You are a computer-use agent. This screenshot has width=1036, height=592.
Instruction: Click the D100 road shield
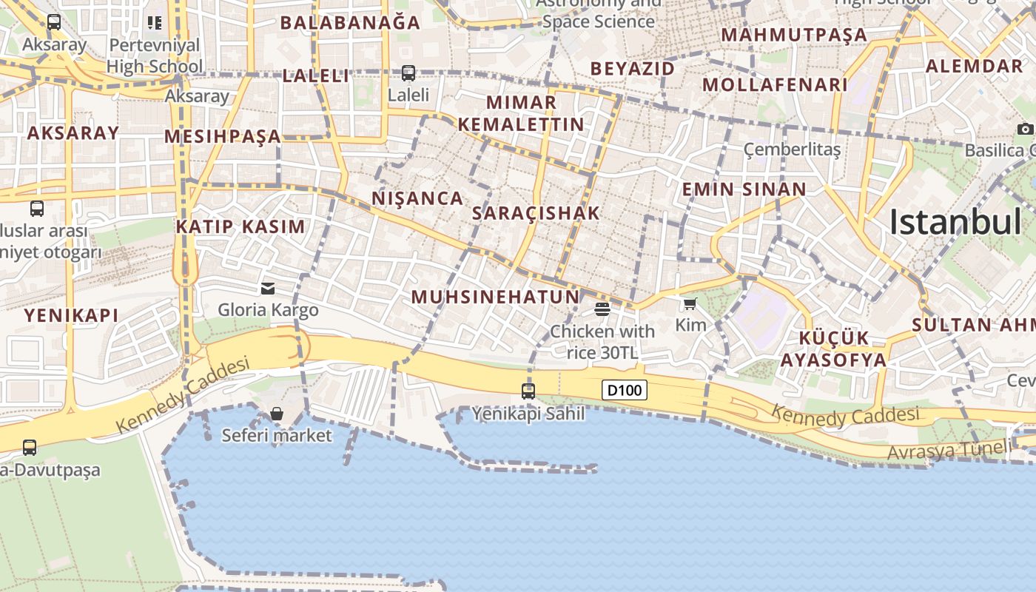[625, 390]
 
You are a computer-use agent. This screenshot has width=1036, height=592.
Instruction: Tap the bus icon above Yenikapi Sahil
[528, 391]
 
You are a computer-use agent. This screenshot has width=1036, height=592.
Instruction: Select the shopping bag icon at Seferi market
[277, 414]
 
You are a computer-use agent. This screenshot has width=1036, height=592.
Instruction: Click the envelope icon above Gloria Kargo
[268, 288]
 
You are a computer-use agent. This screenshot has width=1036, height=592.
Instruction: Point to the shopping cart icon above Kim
[690, 303]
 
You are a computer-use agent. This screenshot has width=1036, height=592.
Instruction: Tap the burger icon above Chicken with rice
[602, 309]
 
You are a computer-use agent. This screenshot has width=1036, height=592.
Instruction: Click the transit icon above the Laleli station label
[408, 73]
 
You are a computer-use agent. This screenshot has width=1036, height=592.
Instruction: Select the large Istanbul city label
[955, 222]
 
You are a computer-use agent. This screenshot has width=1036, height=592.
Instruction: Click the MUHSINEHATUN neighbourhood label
[495, 297]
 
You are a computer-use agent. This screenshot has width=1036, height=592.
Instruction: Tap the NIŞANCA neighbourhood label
[417, 198]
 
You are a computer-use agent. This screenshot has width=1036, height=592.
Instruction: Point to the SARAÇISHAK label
[536, 213]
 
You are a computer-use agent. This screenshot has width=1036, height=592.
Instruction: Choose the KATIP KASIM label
[240, 226]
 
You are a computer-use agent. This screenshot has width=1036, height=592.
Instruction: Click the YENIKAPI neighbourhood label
[71, 315]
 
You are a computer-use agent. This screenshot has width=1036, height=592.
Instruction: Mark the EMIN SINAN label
[744, 189]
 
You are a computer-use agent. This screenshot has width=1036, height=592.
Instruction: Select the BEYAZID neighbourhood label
[633, 69]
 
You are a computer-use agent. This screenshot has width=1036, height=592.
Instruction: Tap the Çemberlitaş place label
[792, 150]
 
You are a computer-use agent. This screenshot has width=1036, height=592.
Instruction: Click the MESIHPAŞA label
[223, 136]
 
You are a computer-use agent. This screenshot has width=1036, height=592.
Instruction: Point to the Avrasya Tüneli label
[949, 449]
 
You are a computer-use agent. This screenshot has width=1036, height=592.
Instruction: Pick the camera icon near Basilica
[1025, 129]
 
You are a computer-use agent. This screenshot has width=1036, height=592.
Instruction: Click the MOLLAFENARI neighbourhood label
[775, 84]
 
